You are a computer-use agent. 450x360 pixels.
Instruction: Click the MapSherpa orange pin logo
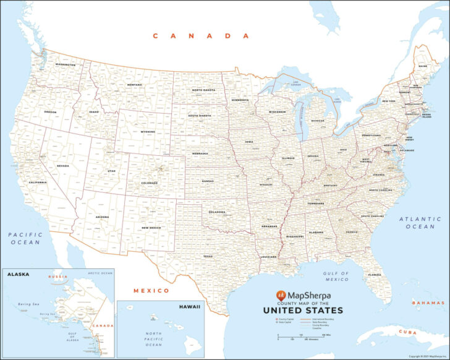point(281,295)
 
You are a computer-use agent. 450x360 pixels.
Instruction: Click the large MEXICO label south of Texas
point(151,290)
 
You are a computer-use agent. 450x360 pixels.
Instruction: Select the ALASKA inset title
point(19,275)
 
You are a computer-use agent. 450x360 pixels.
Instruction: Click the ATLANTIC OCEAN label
point(421,223)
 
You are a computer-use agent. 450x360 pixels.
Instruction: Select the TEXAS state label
point(208,256)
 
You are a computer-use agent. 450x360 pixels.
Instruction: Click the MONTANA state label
point(134,85)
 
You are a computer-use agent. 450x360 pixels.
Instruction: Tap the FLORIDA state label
point(375,275)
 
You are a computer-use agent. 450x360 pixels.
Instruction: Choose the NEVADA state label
point(62,166)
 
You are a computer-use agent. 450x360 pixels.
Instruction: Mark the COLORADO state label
point(149,183)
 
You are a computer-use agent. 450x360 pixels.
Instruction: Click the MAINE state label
point(422,66)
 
